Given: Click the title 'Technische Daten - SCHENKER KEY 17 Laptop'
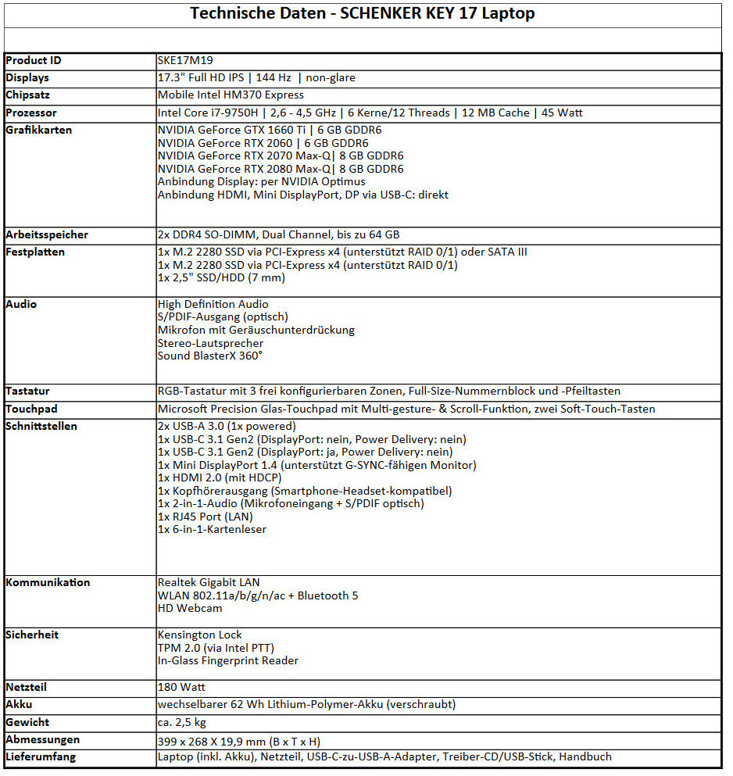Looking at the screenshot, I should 363,14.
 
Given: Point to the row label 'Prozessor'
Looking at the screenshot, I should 31,113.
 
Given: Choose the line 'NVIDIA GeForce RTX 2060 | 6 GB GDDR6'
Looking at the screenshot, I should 263,143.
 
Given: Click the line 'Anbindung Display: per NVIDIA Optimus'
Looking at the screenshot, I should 261,181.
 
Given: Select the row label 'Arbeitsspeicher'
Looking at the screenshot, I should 47,234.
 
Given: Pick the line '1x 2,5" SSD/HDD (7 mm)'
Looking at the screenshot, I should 221,277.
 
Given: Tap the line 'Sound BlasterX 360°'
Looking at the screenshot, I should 210,356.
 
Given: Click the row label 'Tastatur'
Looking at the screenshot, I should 28,391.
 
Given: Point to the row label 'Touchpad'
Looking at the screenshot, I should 31,409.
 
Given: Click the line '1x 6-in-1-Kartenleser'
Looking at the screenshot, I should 212,529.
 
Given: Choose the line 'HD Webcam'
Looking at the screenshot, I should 190,608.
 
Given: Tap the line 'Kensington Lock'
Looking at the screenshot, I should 200,635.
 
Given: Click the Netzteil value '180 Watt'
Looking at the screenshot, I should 181,687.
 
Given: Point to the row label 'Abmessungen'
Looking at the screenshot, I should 42,739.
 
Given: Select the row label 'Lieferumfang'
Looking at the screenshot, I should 41,756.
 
